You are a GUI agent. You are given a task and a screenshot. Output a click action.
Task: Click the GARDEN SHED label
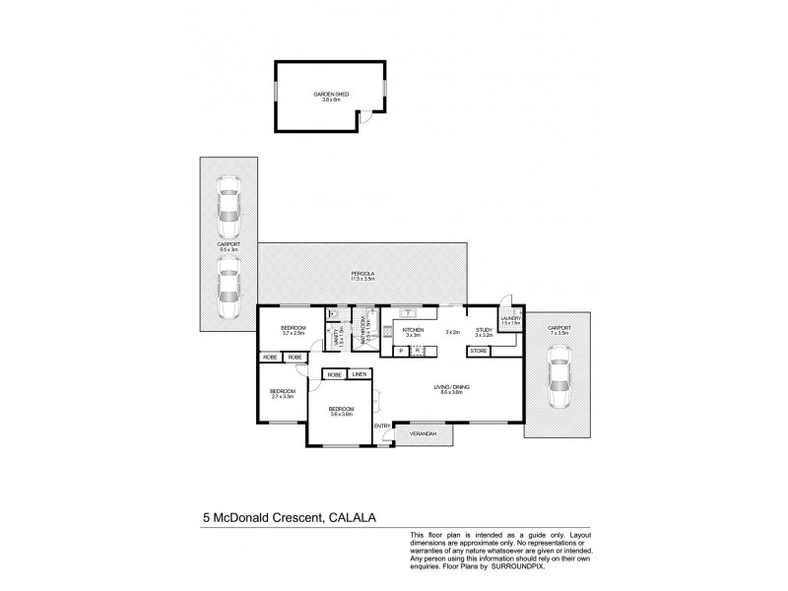331,96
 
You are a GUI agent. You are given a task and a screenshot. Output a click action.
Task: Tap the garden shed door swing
365,117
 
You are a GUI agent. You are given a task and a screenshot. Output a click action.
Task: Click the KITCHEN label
412,331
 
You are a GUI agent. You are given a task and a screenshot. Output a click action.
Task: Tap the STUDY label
483,331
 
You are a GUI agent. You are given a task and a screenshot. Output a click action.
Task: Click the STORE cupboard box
479,351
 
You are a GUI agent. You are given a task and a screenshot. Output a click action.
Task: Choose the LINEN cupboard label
359,375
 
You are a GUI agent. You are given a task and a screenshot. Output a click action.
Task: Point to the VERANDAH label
424,433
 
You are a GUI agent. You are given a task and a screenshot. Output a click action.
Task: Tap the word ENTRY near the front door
381,426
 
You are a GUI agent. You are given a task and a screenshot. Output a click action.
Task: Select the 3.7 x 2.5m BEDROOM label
293,330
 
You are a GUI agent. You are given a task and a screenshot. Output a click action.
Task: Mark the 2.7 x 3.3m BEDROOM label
283,394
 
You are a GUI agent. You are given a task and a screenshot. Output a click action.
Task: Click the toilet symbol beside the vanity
333,314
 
